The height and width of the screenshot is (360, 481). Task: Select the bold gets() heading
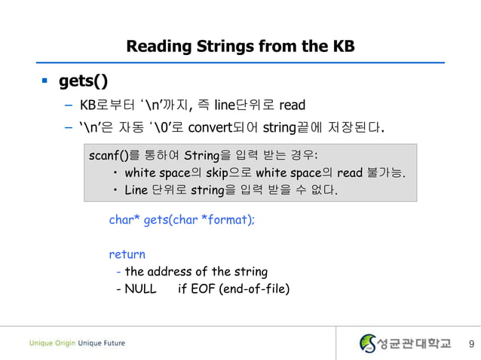click(83, 81)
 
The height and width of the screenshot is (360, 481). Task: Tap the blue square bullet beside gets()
click(44, 79)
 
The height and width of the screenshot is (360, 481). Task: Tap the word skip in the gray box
click(222, 173)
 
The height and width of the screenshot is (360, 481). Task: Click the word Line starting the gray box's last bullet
click(136, 190)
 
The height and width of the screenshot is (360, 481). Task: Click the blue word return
click(127, 254)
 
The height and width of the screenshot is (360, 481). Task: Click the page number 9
click(470, 344)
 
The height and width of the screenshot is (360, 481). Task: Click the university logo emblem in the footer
click(367, 343)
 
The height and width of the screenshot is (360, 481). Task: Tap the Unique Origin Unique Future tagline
click(78, 343)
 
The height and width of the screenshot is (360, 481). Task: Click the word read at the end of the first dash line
click(292, 104)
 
